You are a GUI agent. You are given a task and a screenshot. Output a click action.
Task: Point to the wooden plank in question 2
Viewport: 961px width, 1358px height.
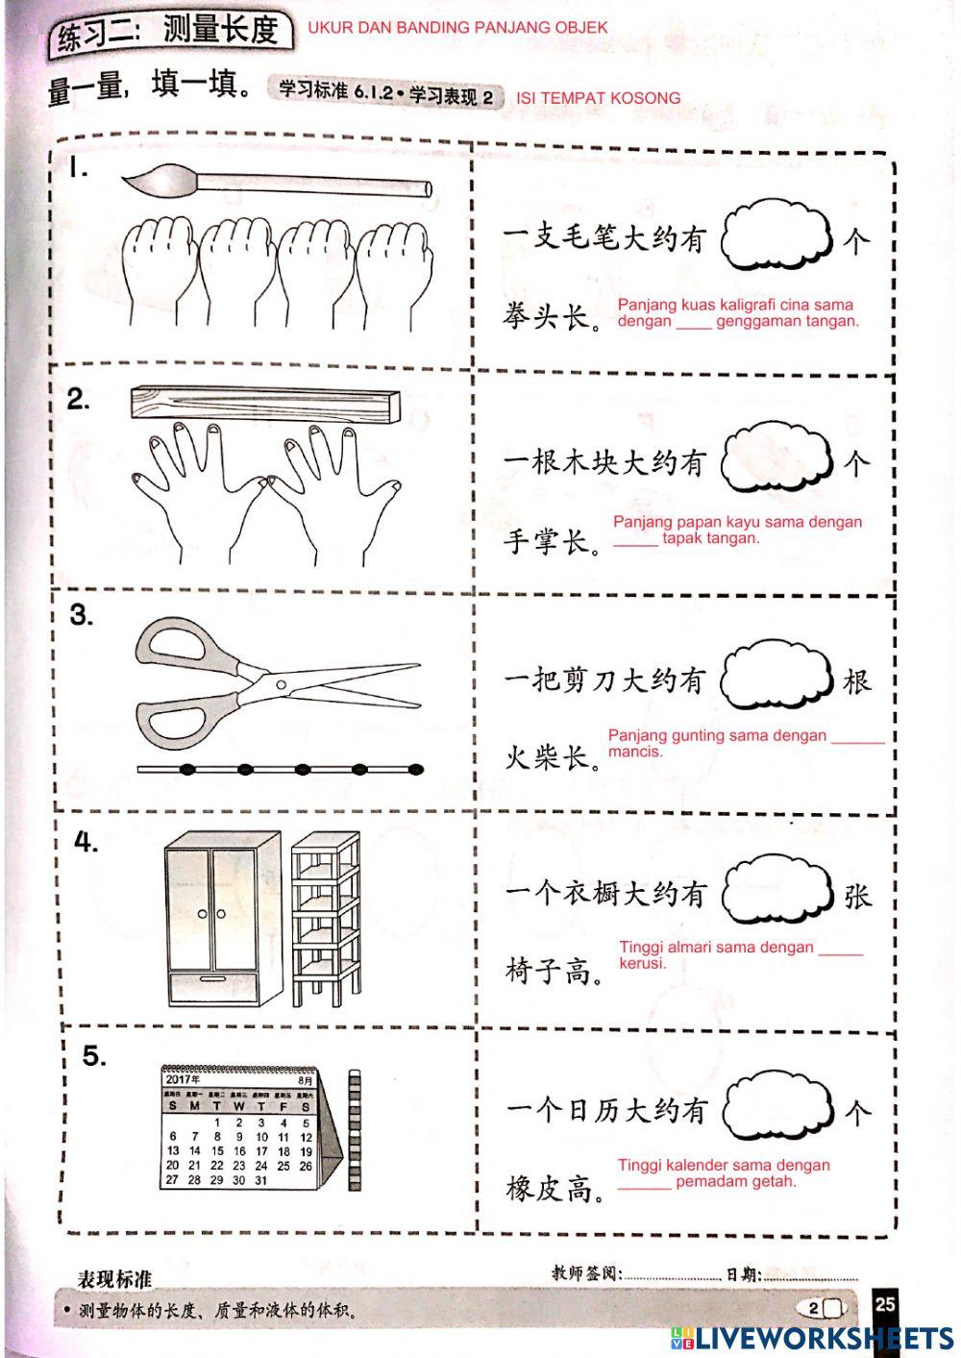tap(264, 403)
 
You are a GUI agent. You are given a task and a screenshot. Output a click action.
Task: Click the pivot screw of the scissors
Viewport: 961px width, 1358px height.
tap(281, 684)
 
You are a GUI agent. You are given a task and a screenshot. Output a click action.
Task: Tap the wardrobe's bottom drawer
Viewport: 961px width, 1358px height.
tap(213, 988)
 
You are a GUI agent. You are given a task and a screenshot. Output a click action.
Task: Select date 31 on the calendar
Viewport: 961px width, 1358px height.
tap(261, 1180)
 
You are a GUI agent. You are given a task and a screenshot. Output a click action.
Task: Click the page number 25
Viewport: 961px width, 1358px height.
tap(885, 1303)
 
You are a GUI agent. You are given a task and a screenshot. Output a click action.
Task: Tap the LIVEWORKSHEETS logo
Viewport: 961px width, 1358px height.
tap(812, 1337)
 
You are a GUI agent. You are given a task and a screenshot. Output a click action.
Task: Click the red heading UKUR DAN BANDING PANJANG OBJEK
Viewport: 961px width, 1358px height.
tap(457, 28)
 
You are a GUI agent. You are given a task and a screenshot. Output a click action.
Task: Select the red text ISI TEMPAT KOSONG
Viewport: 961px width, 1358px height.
tap(598, 98)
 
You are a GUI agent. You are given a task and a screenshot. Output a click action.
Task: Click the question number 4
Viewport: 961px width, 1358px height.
tap(86, 843)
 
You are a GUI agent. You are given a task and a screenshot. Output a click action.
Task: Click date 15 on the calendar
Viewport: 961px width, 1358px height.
tap(217, 1150)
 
